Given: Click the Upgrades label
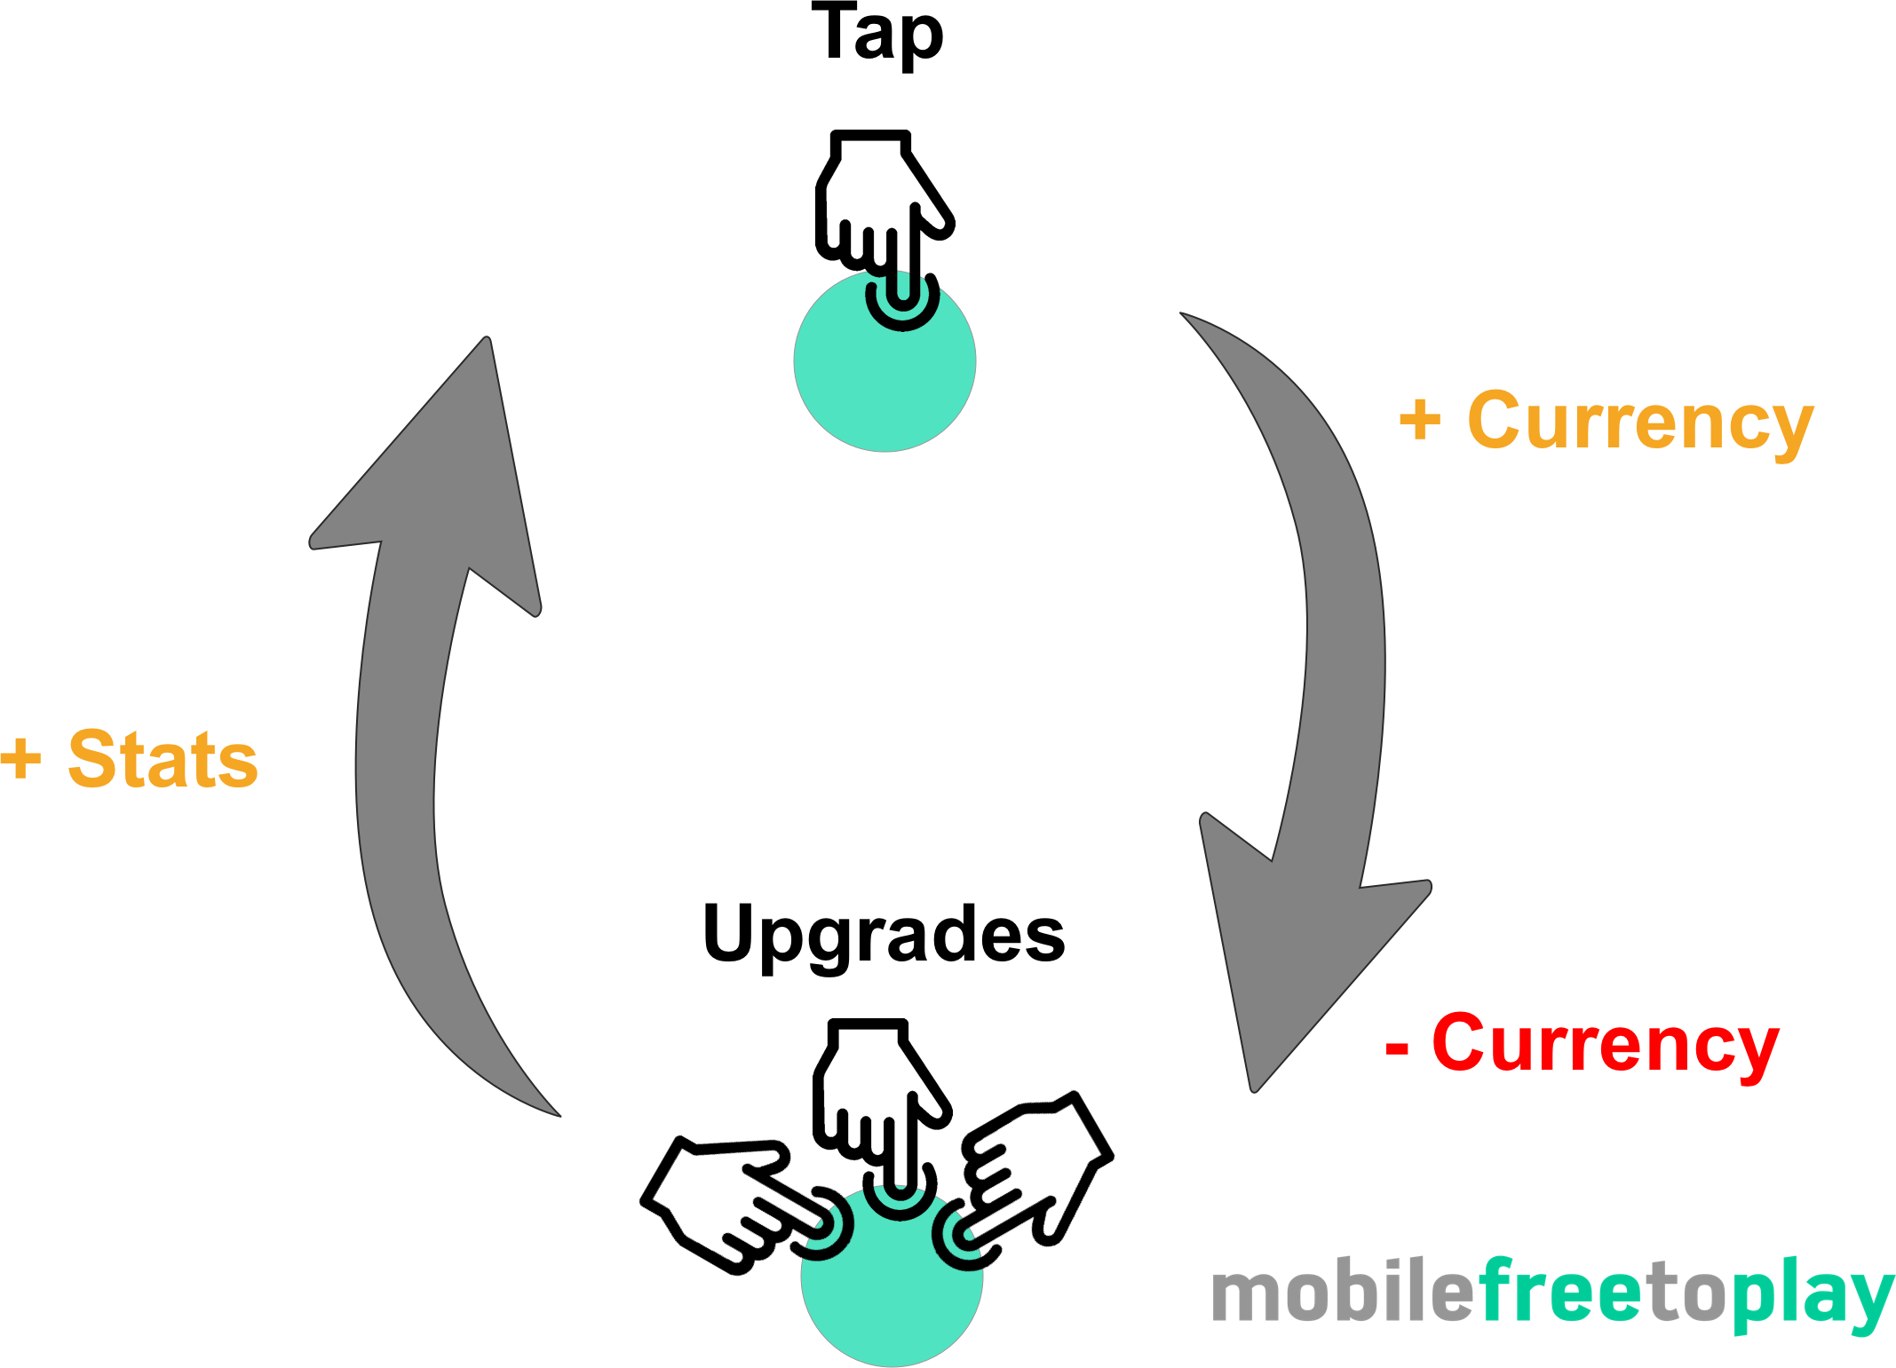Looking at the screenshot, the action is (884, 937).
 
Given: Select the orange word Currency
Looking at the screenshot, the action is (1640, 424).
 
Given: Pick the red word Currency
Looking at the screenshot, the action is (1606, 1046).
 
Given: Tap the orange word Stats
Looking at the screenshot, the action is (163, 759).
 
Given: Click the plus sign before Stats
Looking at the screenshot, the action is (21, 760).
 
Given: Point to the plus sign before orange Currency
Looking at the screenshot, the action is (1420, 420).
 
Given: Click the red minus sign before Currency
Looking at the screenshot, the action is (1397, 1048).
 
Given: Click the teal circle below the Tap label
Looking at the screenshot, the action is (885, 361).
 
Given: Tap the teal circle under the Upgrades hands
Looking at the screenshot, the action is (892, 1276).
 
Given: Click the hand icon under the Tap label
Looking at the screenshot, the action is (885, 230).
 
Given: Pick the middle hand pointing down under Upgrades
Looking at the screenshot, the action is (882, 1119).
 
